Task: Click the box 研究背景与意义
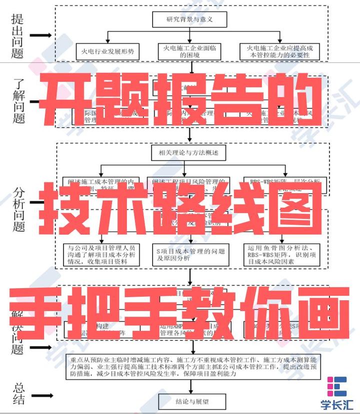point(189,20)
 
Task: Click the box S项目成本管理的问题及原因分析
point(190,255)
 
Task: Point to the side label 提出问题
point(17,35)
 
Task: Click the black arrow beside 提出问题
point(41,36)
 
